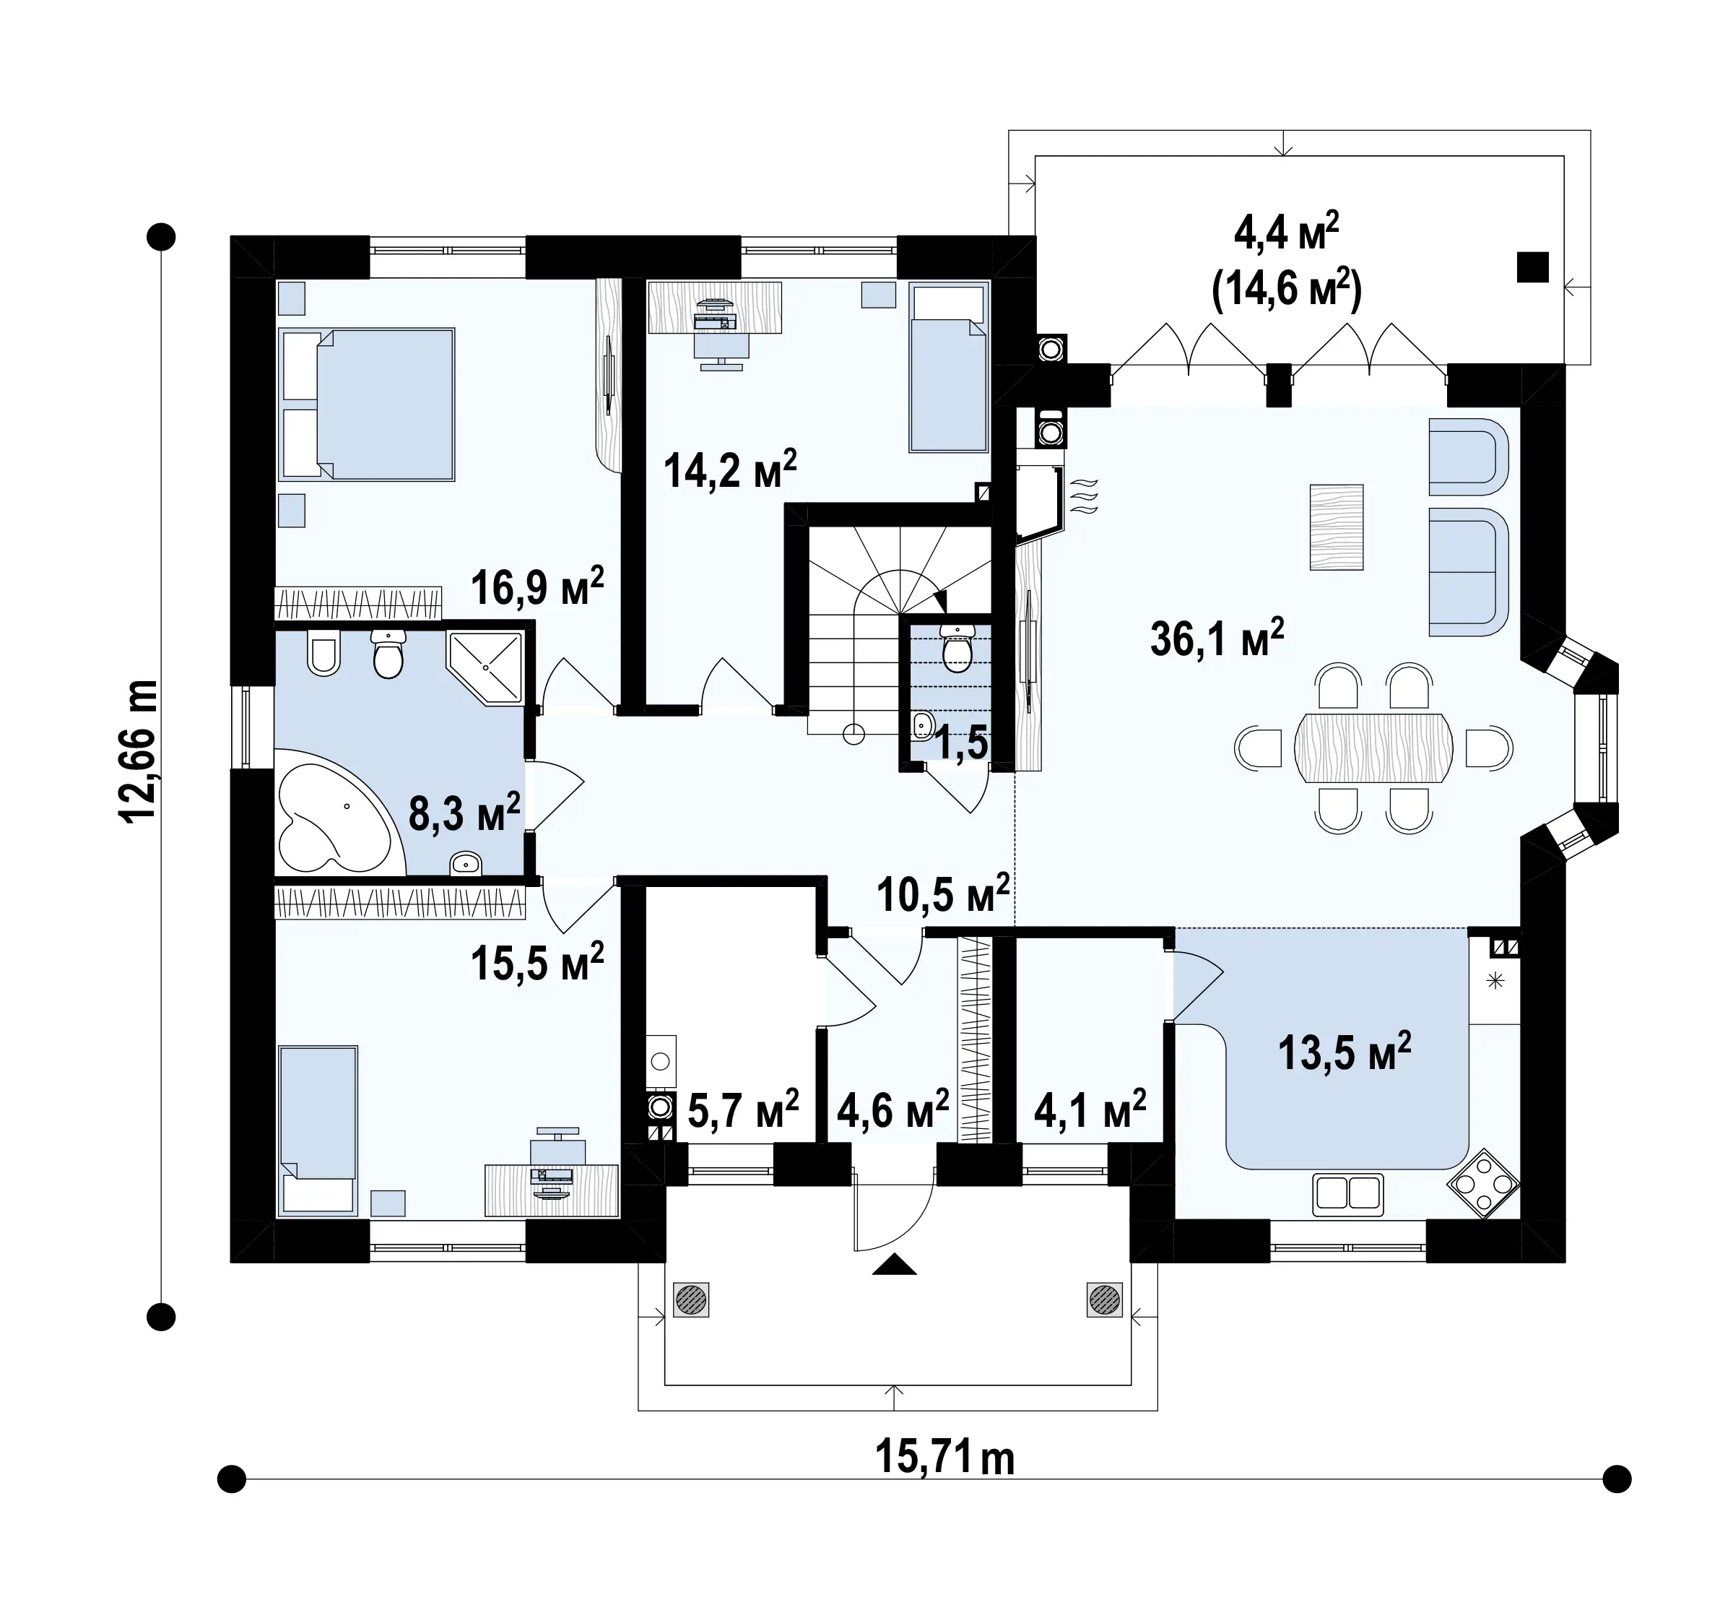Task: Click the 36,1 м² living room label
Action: tap(1217, 639)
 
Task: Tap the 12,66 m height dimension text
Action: tap(138, 751)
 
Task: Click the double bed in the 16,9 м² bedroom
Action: tap(366, 404)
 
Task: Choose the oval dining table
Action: tap(1373, 748)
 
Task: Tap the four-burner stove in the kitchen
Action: tap(1483, 1183)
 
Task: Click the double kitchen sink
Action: tap(1347, 1193)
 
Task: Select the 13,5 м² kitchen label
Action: tap(1344, 1052)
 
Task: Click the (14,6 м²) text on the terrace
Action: tap(1287, 288)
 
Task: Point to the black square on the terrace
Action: tap(1532, 267)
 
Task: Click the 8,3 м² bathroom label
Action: tap(464, 812)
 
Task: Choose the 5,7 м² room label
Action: tap(743, 1109)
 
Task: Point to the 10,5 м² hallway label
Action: tap(943, 894)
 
